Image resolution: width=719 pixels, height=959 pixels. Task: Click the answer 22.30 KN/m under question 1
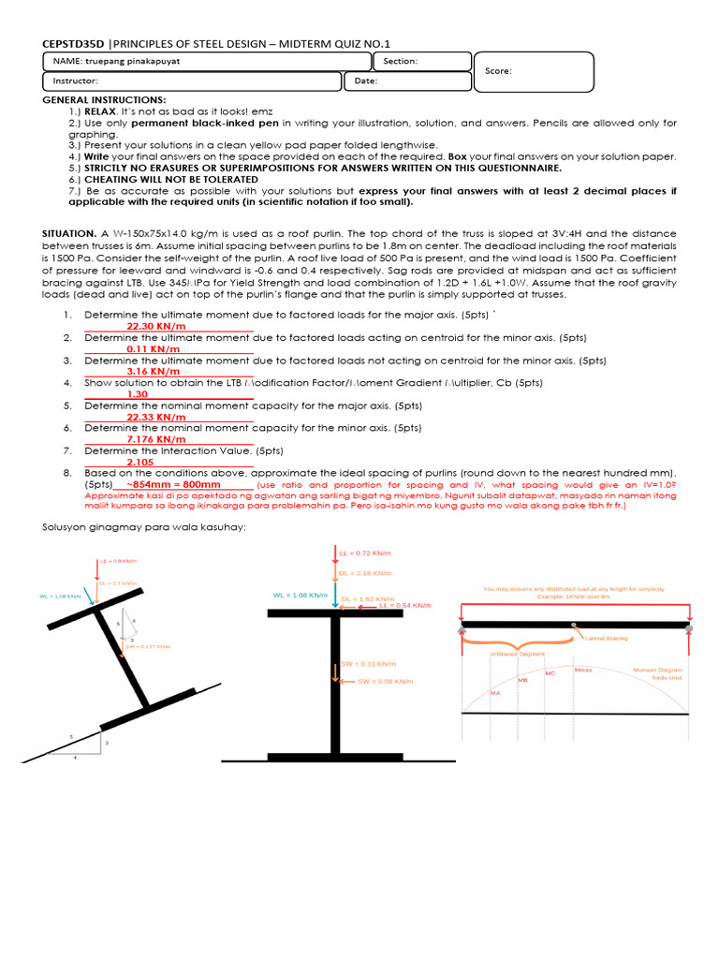click(x=156, y=326)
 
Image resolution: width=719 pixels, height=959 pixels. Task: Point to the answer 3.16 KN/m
click(x=153, y=371)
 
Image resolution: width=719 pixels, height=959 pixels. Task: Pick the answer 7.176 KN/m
click(x=156, y=439)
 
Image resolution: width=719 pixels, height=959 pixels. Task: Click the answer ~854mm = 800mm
click(x=173, y=485)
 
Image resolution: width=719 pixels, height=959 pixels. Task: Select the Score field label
click(x=499, y=71)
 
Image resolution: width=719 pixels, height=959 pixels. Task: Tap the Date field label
click(x=366, y=81)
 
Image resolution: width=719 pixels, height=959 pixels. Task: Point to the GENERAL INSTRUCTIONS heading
click(x=105, y=99)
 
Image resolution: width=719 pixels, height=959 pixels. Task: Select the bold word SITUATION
click(x=69, y=231)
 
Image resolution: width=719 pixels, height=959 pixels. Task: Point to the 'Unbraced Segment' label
click(x=513, y=655)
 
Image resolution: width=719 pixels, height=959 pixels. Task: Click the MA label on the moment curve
click(x=495, y=693)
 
